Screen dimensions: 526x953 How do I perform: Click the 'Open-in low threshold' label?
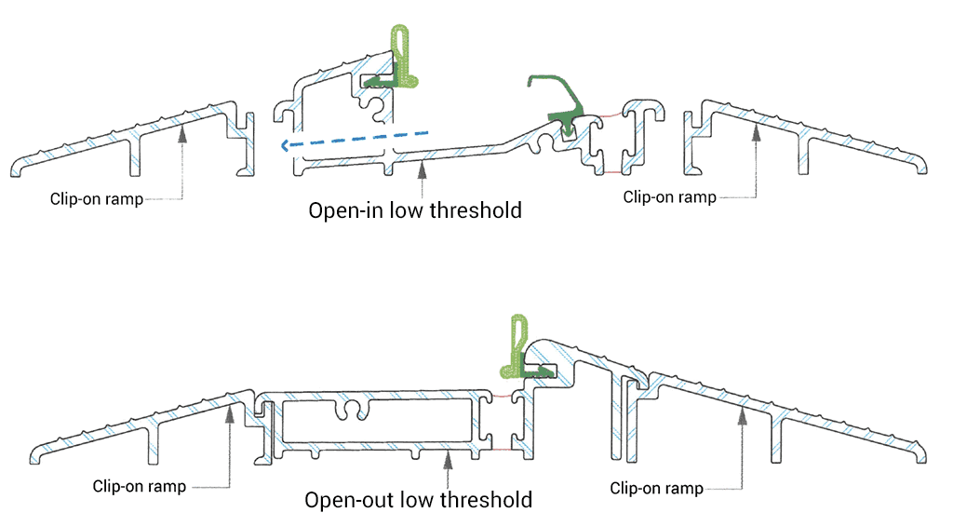click(x=414, y=209)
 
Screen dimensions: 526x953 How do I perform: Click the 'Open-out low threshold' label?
click(x=418, y=500)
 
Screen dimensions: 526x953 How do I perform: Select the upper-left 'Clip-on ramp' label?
click(x=98, y=198)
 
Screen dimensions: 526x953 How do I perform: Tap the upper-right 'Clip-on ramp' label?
click(x=669, y=196)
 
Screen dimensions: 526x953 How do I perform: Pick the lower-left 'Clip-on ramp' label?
click(x=140, y=486)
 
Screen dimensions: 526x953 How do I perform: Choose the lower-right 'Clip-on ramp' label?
click(x=656, y=488)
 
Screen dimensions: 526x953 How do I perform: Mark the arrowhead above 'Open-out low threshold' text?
click(x=449, y=455)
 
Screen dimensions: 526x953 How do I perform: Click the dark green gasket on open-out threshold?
click(x=544, y=369)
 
